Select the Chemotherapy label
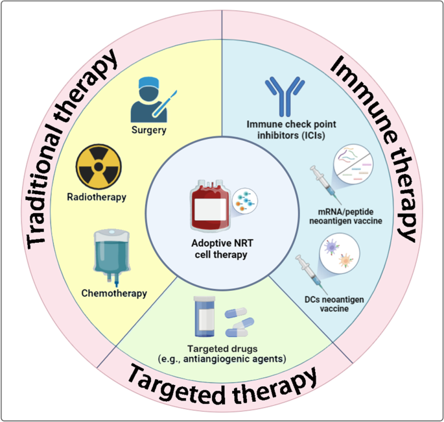tap(114, 293)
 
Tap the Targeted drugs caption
tap(222, 353)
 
